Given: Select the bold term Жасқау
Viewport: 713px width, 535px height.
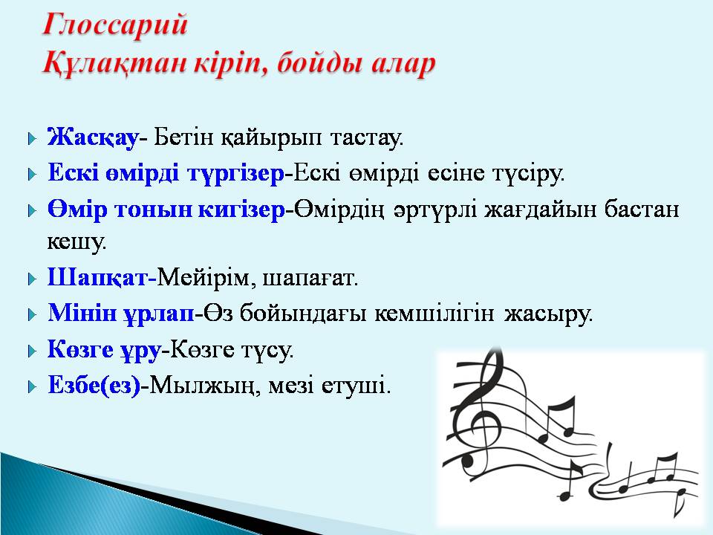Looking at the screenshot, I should [x=93, y=137].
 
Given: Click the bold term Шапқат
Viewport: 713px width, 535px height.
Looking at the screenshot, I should [x=98, y=279].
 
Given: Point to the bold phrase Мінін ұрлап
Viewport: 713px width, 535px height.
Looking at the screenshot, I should [x=120, y=314].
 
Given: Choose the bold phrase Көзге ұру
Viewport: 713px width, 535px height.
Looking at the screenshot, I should [x=104, y=349].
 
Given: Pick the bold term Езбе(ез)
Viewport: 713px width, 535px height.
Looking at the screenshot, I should [x=94, y=386].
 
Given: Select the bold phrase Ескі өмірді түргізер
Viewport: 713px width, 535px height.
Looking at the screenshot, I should [x=166, y=174].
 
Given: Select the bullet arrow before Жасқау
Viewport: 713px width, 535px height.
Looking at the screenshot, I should [x=31, y=138].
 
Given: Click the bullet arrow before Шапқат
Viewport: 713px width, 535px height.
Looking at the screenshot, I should [x=31, y=279].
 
